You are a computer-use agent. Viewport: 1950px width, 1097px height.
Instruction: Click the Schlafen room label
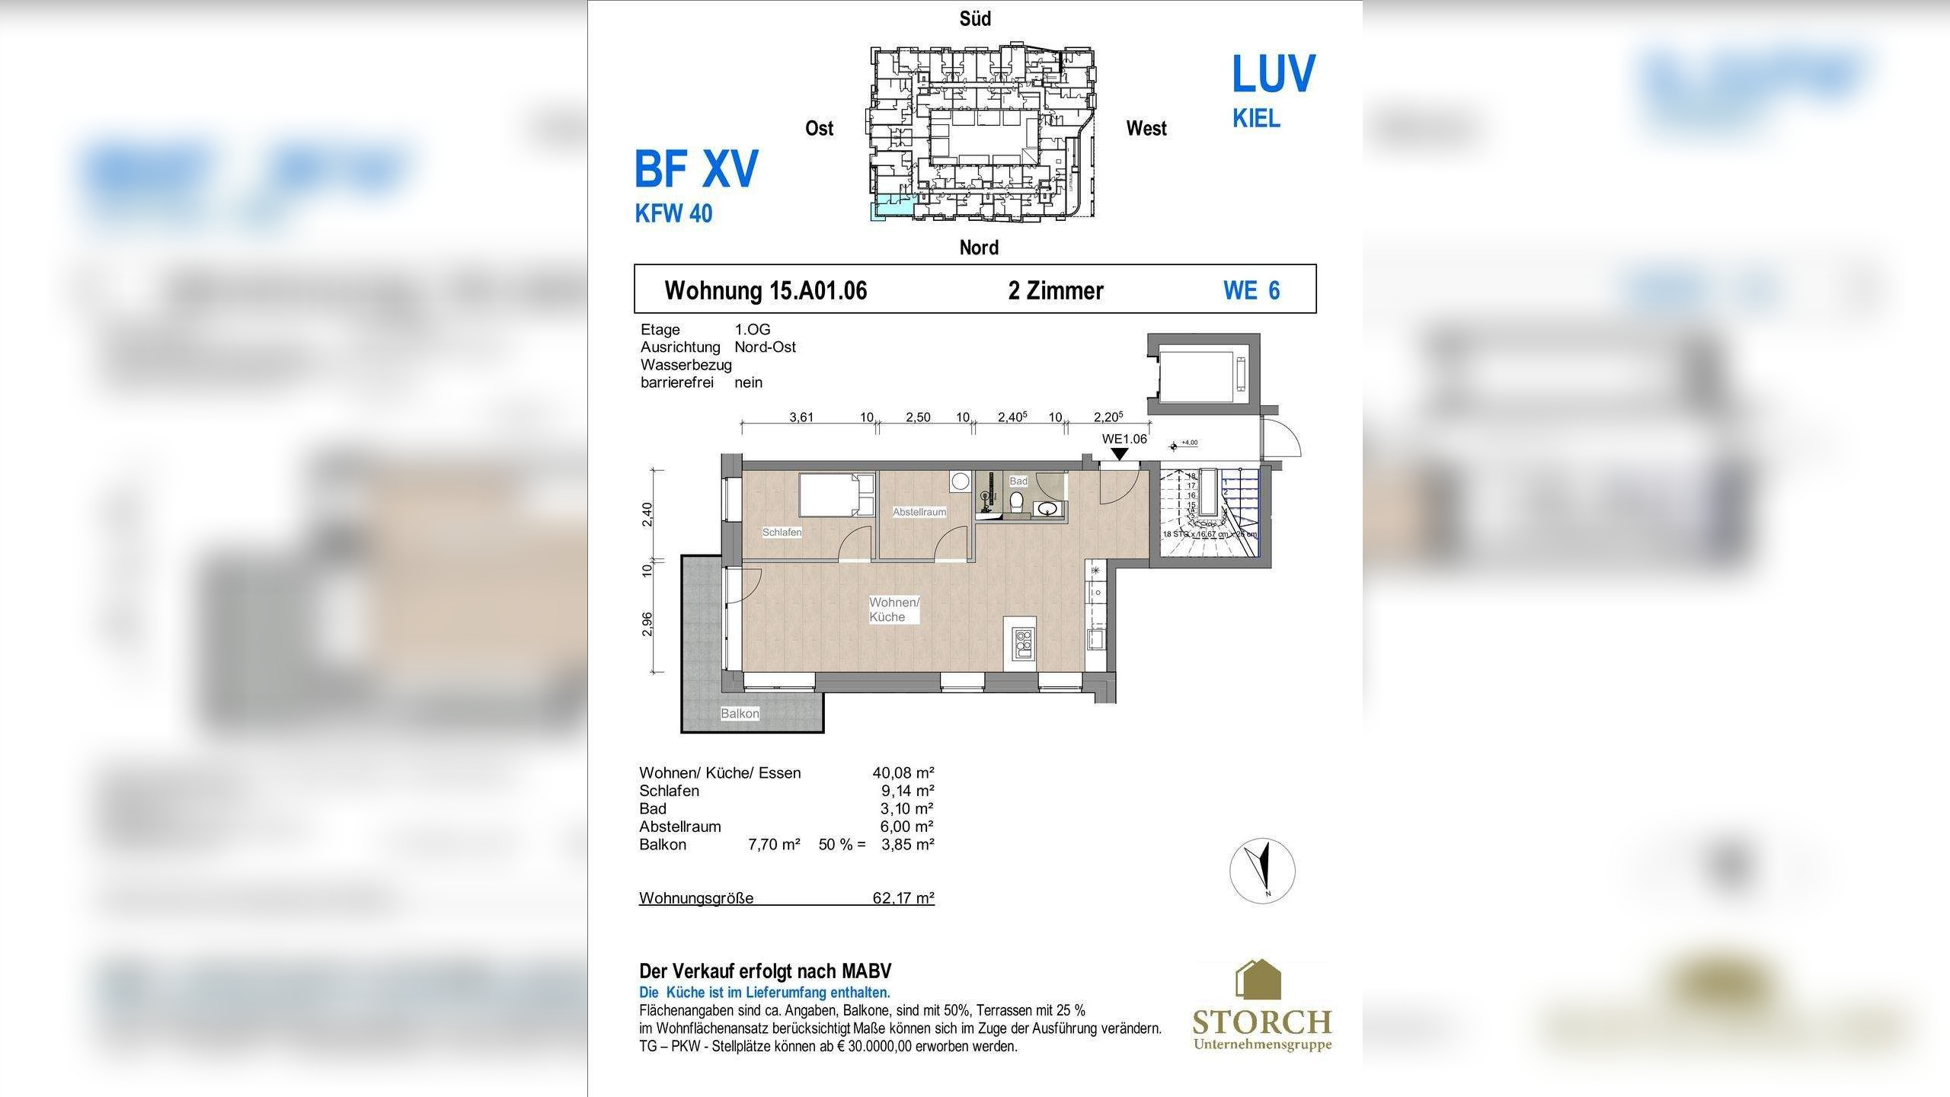(x=782, y=532)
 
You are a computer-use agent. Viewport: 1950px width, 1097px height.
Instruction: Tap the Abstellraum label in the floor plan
(x=919, y=512)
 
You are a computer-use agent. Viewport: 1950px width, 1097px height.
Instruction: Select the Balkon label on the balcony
(x=740, y=713)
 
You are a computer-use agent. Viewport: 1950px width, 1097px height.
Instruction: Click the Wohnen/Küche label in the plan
(x=893, y=609)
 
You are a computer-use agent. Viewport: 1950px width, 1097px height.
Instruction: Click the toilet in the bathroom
(x=1015, y=502)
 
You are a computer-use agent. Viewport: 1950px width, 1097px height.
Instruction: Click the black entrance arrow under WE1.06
(x=1119, y=454)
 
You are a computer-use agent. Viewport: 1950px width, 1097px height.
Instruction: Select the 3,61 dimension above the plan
(x=801, y=417)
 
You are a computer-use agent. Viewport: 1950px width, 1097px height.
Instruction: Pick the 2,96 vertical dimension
(x=647, y=624)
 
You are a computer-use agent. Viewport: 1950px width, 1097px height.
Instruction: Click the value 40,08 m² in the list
(x=903, y=772)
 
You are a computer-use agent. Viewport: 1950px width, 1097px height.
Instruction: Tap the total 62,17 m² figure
(x=903, y=897)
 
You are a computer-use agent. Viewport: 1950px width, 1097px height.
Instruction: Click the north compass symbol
(x=1262, y=871)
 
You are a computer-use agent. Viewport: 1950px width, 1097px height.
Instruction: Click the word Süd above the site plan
(x=975, y=19)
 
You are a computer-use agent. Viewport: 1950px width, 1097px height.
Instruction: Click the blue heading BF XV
(x=696, y=169)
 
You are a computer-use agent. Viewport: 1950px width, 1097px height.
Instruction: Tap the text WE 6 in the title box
(x=1252, y=290)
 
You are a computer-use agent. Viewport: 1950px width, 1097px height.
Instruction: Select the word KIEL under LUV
(x=1256, y=119)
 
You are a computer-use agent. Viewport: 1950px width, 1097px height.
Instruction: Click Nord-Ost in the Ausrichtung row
(x=765, y=347)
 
